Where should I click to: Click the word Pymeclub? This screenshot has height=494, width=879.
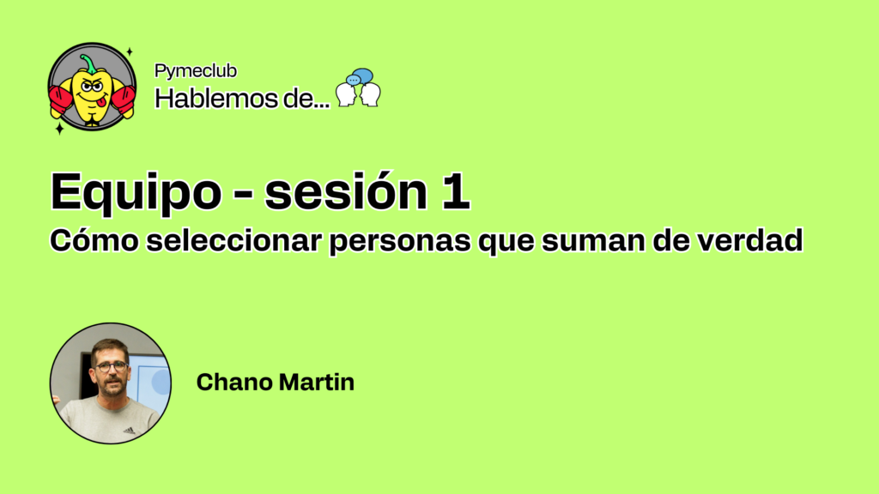point(196,71)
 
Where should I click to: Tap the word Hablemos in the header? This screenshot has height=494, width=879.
point(216,99)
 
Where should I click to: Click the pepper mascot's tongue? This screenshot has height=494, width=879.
point(100,103)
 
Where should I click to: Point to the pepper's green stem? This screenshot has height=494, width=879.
point(88,63)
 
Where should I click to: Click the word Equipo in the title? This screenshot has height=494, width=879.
point(136,193)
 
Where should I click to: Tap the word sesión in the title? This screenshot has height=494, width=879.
point(346,191)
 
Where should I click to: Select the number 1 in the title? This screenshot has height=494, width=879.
point(455,191)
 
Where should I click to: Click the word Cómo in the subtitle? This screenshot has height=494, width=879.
point(94,240)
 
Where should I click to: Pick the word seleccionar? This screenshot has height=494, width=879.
point(233,240)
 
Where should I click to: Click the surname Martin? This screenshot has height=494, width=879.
point(317,382)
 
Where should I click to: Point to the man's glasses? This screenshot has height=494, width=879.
point(112,367)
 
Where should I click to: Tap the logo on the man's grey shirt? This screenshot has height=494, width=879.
point(130,431)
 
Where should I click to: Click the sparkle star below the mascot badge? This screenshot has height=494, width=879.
point(59,129)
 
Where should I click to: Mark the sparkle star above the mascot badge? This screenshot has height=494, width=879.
point(130,52)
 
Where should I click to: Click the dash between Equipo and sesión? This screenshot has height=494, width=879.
point(242,195)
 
